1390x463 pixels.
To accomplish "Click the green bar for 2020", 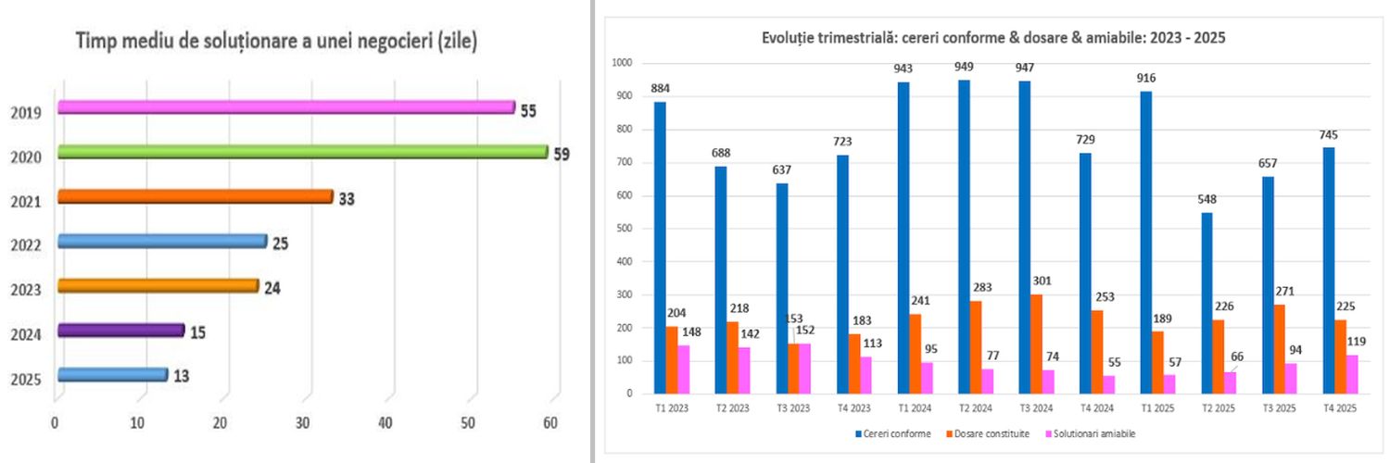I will [x=301, y=152].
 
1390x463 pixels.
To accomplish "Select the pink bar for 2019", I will [x=285, y=107].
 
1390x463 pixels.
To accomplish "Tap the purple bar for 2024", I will [x=120, y=330].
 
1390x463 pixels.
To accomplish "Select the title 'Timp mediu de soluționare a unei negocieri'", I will [x=276, y=42].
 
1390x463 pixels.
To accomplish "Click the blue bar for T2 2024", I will [x=964, y=236].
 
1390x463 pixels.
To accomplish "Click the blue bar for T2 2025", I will [x=1206, y=303].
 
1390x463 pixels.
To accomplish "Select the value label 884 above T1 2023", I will [x=660, y=89].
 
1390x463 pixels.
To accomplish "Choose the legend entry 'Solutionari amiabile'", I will [x=1093, y=433].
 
